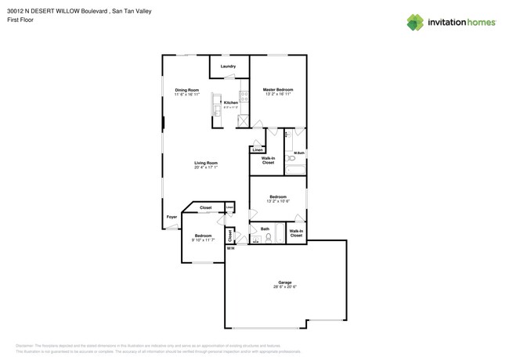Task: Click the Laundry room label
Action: coord(228,67)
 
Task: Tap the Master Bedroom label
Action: coord(278,90)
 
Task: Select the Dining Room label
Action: coord(186,90)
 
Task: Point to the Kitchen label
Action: coord(230,103)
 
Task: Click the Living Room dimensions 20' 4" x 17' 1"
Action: coord(206,167)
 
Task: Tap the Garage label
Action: coord(285,283)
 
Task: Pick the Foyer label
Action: coord(171,217)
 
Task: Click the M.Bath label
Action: coord(299,153)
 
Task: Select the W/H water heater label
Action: coord(230,249)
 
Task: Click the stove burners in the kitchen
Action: coord(244,98)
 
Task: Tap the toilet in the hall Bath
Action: coord(268,238)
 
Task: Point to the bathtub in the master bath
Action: coord(295,168)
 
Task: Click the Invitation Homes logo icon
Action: coord(415,23)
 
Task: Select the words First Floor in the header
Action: coord(29,20)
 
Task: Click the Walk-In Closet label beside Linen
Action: coord(268,160)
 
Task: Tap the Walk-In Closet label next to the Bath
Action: coord(296,233)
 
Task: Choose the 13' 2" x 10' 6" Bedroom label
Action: coord(278,199)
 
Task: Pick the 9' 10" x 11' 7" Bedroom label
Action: coord(204,237)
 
